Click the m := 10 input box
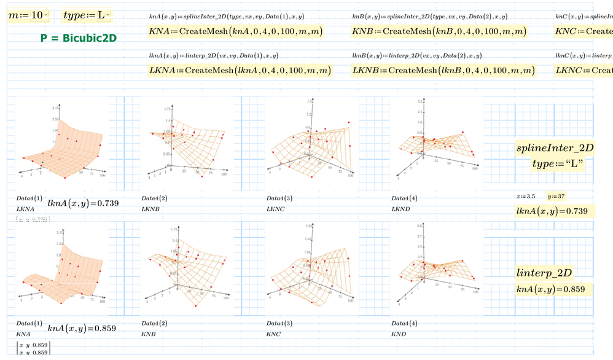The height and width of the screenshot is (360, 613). point(25,14)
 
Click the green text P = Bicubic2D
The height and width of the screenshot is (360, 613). point(79,38)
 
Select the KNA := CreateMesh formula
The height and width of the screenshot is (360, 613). point(236,31)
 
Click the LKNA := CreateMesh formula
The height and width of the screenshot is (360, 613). point(240,70)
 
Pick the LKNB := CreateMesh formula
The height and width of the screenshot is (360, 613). point(443,70)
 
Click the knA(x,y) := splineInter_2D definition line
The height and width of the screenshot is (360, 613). point(226,17)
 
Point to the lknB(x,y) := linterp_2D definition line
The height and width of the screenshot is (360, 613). point(416,55)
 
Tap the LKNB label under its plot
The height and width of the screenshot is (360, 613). point(150,209)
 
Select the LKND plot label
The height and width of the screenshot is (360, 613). point(400,209)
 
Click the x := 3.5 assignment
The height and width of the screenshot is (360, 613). point(526,197)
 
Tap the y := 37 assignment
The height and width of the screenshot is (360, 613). point(556,197)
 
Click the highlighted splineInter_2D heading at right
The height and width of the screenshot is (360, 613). point(554,148)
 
